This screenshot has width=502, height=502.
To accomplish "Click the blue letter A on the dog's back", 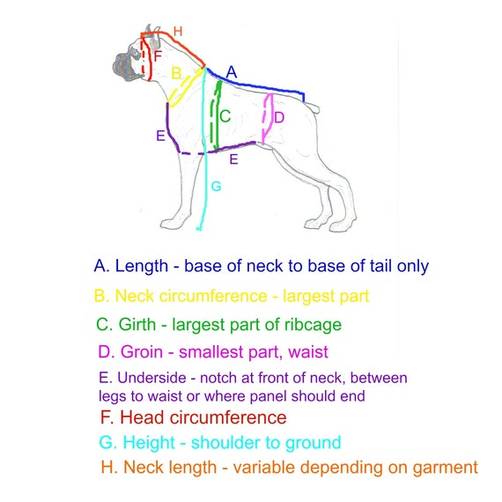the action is coord(232,72).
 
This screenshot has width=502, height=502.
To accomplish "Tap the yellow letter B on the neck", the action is coord(176,73).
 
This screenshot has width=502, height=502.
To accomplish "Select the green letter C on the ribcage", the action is coord(225,116).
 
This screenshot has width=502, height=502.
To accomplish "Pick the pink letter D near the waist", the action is coord(279,118).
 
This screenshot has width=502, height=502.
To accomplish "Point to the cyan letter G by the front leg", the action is coord(217,186).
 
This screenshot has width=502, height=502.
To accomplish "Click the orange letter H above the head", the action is coord(178,32).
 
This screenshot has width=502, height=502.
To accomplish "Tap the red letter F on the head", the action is coord(158,56).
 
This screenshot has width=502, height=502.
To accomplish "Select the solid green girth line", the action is coord(218,115).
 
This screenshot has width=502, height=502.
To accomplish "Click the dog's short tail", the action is coord(312,107).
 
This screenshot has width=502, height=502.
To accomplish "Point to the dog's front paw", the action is coord(173,223).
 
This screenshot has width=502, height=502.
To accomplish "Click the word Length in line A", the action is coord(142,266).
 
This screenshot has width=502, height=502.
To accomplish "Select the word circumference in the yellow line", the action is coord(213,296).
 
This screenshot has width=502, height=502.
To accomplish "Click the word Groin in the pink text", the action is coord(142,352).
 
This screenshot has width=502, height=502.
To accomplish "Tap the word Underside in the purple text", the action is coord(151,378).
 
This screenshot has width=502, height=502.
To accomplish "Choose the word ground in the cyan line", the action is coord(313,443).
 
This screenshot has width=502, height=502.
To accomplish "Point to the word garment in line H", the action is coord(445,468).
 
